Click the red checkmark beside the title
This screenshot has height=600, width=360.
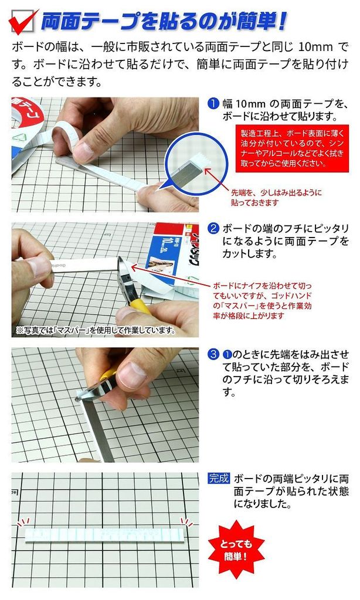22,22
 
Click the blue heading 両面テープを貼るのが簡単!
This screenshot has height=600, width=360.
164,22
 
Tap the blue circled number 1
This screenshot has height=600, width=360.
213,104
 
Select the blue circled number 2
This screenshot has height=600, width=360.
213,229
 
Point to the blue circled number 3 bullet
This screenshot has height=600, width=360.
213,354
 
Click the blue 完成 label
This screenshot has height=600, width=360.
219,479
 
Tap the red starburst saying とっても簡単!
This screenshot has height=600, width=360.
236,549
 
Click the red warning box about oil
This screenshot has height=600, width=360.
292,148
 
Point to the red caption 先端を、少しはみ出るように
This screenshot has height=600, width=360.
276,192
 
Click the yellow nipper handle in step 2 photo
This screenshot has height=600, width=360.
141,306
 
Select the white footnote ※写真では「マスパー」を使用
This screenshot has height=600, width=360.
96,330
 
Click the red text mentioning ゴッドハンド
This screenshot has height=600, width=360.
262,301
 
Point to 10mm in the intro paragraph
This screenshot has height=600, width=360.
315,48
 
